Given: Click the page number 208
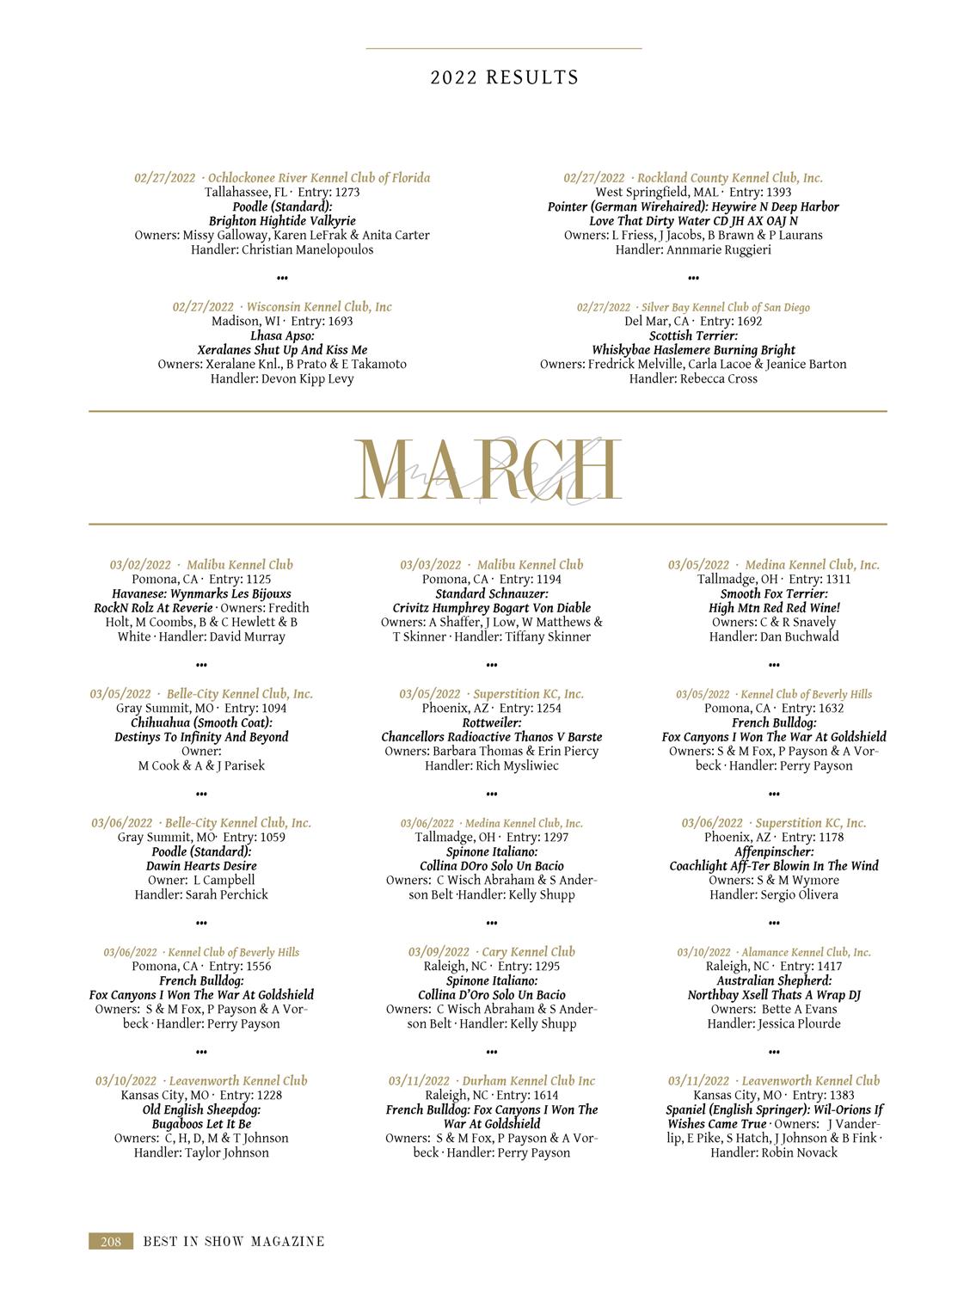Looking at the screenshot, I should tap(111, 1241).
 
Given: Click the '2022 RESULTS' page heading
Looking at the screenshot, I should tap(505, 77).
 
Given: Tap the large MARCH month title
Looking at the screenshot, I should tap(488, 470).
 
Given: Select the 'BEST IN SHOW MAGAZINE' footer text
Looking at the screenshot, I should tap(234, 1241).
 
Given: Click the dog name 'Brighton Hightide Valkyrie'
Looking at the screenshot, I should tap(282, 221).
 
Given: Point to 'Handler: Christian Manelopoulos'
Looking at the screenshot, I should tap(282, 249).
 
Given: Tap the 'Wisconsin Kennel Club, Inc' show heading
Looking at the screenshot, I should tap(318, 307).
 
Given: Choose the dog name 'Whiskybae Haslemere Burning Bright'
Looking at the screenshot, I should tap(693, 350).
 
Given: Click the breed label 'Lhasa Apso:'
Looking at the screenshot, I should tap(282, 335).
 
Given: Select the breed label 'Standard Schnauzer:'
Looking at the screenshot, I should tap(491, 593).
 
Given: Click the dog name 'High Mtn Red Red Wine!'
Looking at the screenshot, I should tap(774, 608).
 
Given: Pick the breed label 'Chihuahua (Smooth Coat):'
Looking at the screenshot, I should tap(201, 722).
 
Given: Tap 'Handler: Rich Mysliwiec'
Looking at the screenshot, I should tap(491, 765).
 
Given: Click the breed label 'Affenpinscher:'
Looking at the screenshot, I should tap(774, 851).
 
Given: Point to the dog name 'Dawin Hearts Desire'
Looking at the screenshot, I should tap(201, 866).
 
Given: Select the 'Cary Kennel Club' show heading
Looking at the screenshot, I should tap(528, 952).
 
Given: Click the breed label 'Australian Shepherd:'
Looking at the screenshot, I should tap(774, 980).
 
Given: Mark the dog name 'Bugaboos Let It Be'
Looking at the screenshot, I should tap(201, 1124).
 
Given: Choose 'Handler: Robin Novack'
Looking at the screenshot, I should tap(774, 1152).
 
